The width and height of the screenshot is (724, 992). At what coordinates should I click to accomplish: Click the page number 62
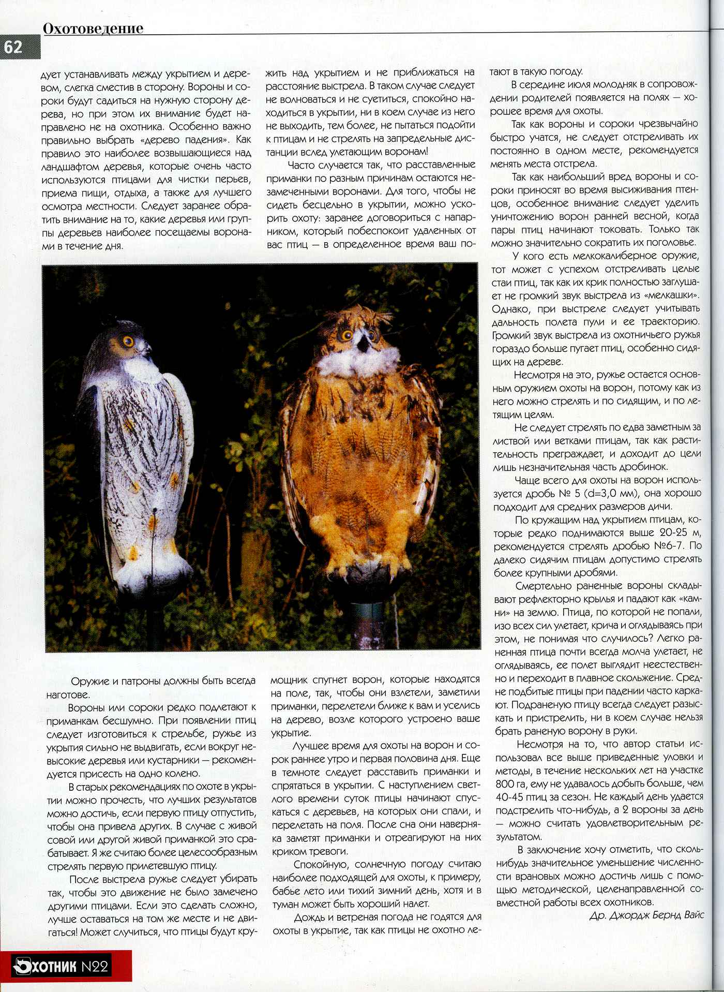(x=13, y=47)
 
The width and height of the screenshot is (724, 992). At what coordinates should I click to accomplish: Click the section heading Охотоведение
(x=93, y=28)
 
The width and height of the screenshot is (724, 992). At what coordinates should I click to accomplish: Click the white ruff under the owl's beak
(x=357, y=362)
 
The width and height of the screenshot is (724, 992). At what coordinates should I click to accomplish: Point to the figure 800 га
(x=509, y=783)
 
